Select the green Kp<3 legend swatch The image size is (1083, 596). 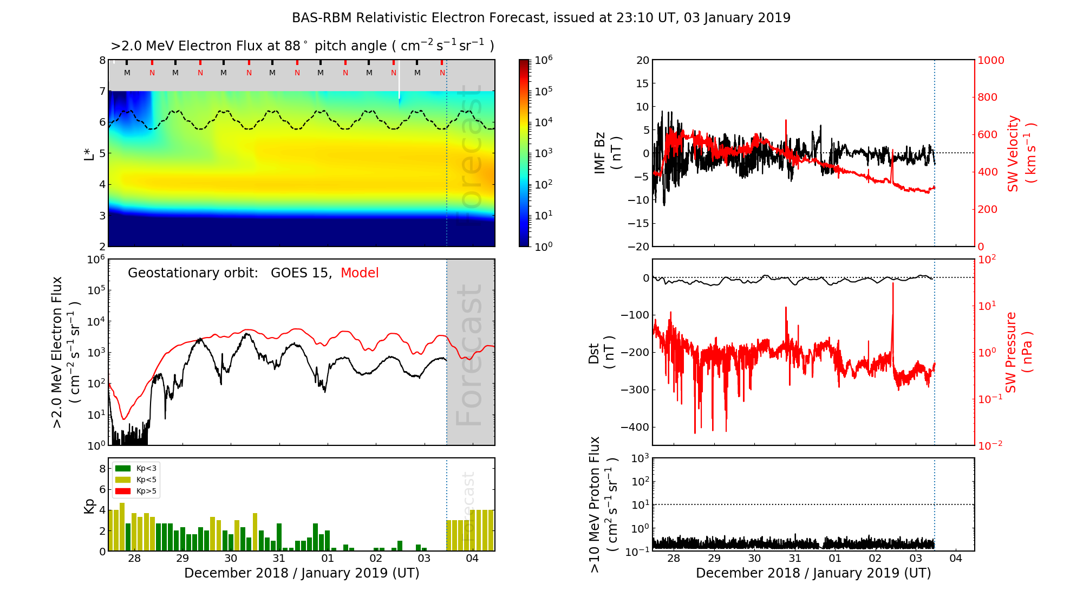123,468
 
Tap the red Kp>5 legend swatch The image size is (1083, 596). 123,491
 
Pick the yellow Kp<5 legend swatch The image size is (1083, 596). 123,480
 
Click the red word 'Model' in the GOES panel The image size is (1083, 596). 360,273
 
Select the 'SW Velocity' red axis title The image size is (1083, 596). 1013,153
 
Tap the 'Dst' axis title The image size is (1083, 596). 594,353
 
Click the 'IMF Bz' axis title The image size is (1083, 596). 599,153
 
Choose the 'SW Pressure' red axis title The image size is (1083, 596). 1011,352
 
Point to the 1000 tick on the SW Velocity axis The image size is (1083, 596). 990,60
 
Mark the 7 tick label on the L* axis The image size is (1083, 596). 102,91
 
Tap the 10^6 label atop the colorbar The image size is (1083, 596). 544,60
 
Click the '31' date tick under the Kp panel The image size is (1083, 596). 279,559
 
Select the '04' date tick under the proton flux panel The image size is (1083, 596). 956,559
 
